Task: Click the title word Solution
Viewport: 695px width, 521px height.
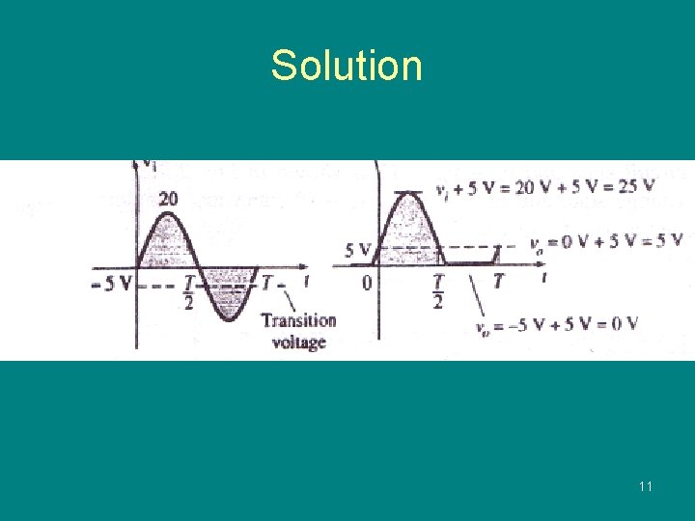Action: coord(346,66)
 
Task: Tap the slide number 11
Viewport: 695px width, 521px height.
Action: coord(645,486)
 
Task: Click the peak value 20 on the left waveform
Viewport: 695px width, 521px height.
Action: coord(168,200)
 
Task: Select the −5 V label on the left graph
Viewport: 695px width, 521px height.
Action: coord(113,285)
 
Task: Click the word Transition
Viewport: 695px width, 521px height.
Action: coord(298,320)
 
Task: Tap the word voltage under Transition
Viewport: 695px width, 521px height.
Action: coord(298,341)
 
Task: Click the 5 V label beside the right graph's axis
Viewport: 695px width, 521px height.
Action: coord(357,251)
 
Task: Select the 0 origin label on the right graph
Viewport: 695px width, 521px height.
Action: coord(367,283)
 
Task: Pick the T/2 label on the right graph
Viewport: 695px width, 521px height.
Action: coord(438,290)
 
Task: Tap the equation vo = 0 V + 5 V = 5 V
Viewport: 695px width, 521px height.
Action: coord(606,240)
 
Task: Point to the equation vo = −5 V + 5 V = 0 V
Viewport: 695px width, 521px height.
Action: coord(557,324)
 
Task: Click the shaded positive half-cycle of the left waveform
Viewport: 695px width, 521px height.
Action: coord(168,241)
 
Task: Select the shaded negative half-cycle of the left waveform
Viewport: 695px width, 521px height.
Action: coord(228,289)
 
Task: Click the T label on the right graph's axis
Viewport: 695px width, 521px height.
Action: coord(498,282)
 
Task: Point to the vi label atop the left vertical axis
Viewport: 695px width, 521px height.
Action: coord(149,163)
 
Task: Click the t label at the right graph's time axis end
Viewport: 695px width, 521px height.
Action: coord(545,278)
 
